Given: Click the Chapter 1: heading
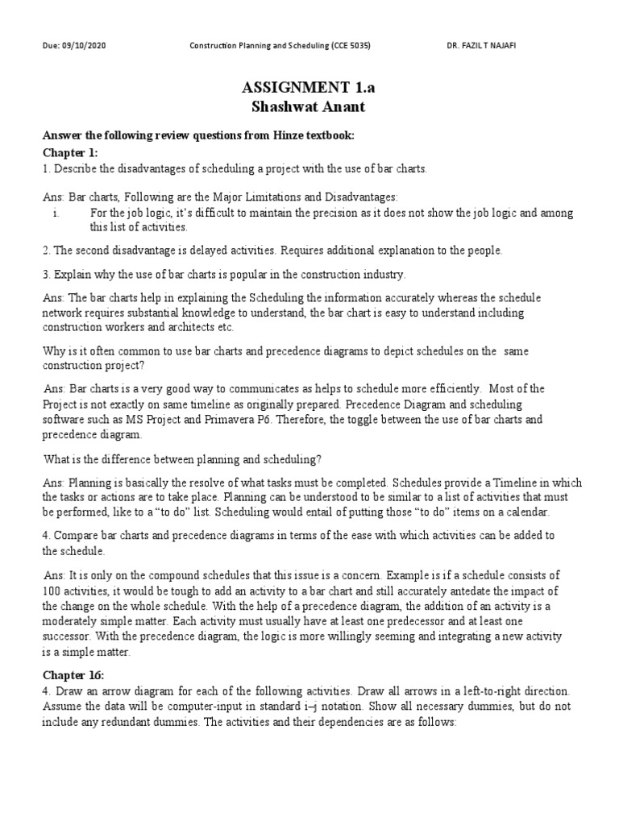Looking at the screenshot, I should (x=70, y=152).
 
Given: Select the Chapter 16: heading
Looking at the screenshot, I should (x=73, y=674).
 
